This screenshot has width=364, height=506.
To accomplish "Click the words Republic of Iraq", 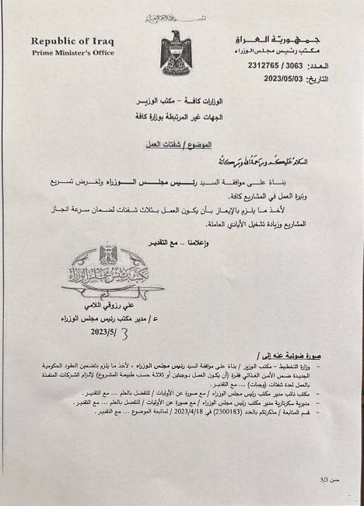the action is (x=72, y=40).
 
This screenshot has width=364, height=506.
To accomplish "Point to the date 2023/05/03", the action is (x=285, y=79).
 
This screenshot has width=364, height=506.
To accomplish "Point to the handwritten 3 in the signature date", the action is (x=121, y=332).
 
